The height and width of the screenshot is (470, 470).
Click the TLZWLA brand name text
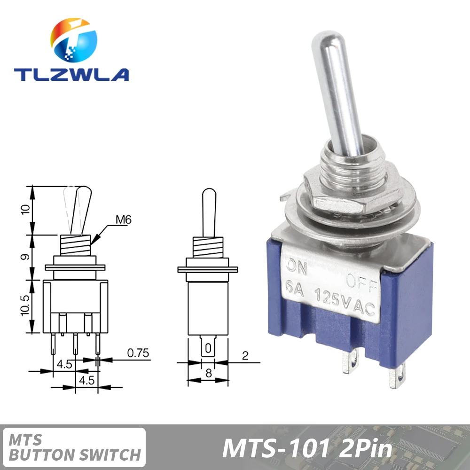tap(71, 74)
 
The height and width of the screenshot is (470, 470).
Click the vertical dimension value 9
tap(27, 257)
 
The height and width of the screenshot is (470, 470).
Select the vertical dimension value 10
tap(27, 210)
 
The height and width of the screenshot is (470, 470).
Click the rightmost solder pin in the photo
tap(397, 376)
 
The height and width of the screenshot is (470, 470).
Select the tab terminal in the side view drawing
tap(207, 348)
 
